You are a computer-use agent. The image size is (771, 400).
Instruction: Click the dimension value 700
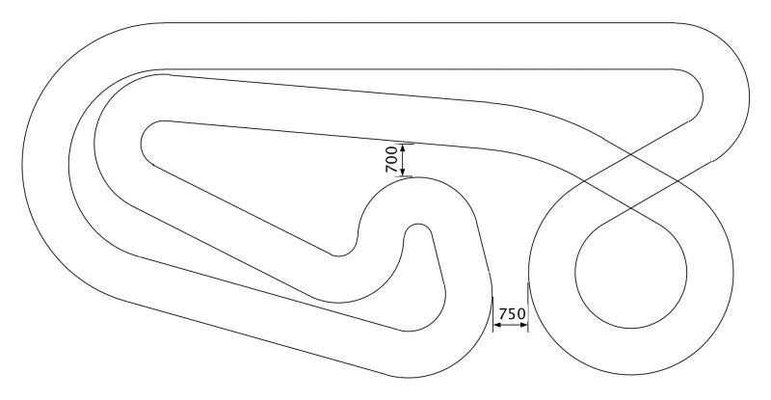[391, 159]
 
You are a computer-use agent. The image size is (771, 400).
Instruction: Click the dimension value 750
[512, 313]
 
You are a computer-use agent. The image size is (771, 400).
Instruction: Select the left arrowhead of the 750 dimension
[497, 325]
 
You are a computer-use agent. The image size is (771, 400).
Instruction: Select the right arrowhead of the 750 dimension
[523, 325]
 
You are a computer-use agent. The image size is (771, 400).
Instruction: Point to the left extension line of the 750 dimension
[492, 314]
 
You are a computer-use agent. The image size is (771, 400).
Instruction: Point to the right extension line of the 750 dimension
[527, 307]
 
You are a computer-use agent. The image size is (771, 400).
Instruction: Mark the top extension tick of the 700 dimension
[406, 145]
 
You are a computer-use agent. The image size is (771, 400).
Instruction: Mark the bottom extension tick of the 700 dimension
[406, 176]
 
